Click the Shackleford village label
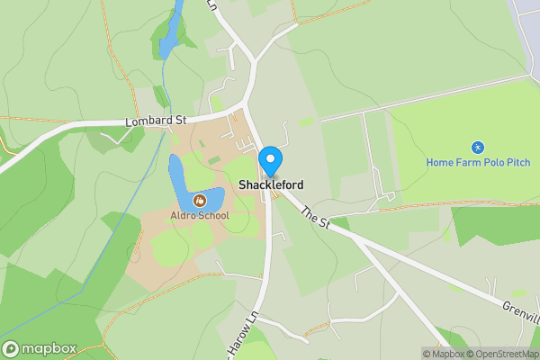[271, 185]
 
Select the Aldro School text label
[200, 215]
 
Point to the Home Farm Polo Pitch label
[477, 162]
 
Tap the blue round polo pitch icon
[477, 148]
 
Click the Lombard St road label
[157, 120]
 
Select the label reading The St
[315, 217]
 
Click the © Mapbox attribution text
[444, 354]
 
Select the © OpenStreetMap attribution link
[502, 354]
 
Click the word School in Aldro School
[214, 215]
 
